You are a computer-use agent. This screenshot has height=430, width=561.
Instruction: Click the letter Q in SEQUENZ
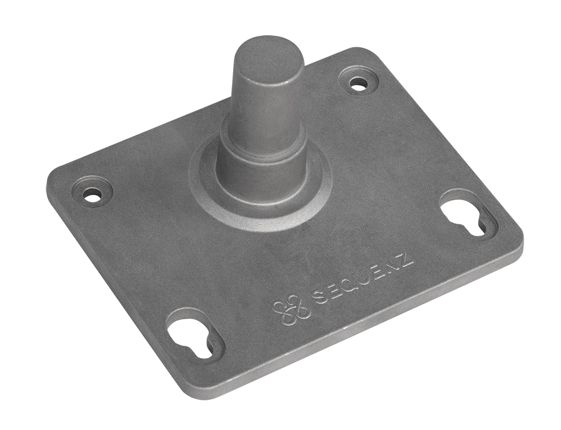346,290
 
